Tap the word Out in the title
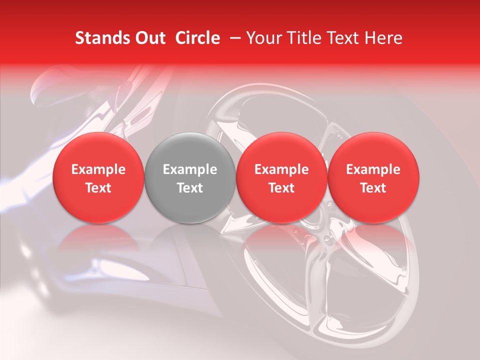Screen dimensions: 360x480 pos(148,38)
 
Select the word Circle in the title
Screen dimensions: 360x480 pos(197,38)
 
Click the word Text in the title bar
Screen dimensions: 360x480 pos(343,38)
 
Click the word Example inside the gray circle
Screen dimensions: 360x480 pos(190,169)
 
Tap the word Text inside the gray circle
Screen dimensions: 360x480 pos(190,188)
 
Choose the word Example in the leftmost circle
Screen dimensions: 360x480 pos(98,169)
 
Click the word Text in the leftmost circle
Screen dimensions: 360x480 pos(98,188)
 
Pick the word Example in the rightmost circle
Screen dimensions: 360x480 pos(373,169)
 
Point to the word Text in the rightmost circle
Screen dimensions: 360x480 pos(373,188)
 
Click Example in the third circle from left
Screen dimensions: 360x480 pos(281,169)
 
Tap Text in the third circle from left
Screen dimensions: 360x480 pos(281,188)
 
